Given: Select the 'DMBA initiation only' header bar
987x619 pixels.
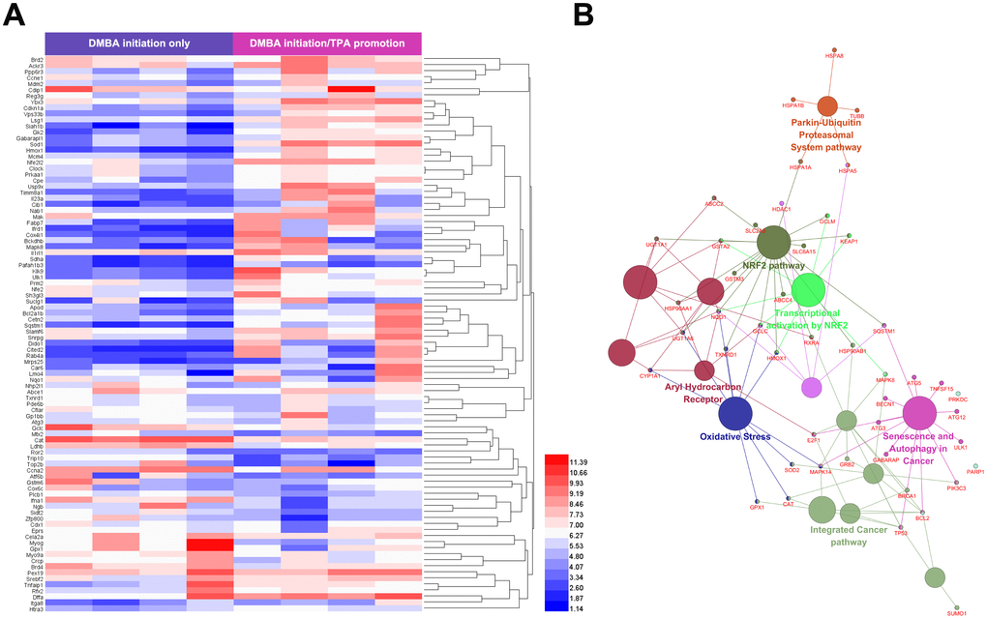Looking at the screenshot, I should coord(138,43).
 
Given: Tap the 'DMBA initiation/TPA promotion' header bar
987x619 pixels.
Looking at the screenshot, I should coord(327,43).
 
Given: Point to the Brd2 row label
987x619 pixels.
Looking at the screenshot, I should coord(35,60).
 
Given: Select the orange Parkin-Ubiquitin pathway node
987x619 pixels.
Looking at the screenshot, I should coord(827,106).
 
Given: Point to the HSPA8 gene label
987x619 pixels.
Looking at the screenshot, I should coord(834,56).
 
